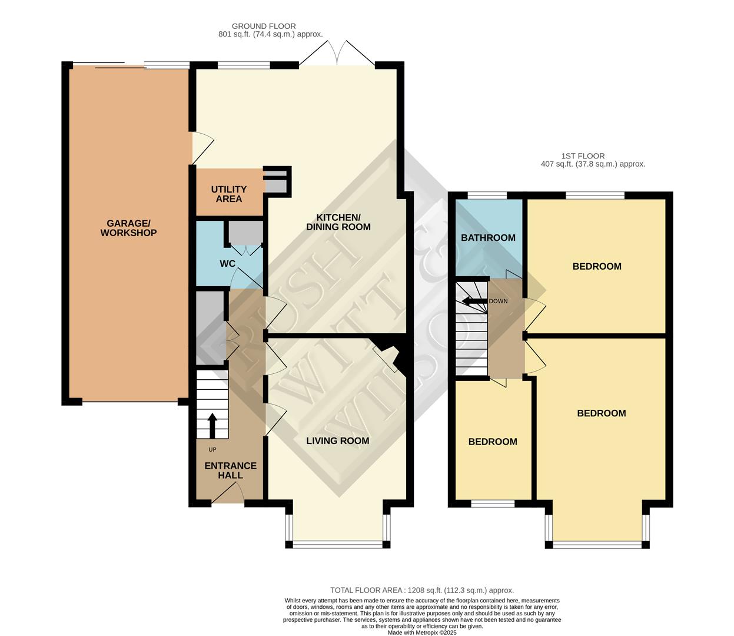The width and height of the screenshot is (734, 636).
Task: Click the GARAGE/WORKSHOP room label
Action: pyautogui.click(x=128, y=228)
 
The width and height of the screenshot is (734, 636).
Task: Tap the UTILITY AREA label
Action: pyautogui.click(x=228, y=194)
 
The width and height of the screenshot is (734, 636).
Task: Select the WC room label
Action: pyautogui.click(x=227, y=263)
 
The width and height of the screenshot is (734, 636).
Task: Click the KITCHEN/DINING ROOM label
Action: pyautogui.click(x=338, y=222)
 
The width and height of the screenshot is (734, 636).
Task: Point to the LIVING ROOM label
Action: pyautogui.click(x=337, y=440)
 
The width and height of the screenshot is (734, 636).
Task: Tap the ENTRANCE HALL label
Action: pyautogui.click(x=230, y=470)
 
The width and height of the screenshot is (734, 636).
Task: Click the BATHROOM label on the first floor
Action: pyautogui.click(x=488, y=238)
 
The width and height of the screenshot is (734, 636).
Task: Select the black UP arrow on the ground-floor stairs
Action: pyautogui.click(x=212, y=425)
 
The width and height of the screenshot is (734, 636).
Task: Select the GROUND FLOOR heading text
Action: pyautogui.click(x=264, y=26)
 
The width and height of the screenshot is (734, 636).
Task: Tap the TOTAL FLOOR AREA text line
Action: pyautogui.click(x=421, y=590)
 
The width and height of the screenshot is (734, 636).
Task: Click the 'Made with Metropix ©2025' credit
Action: pyautogui.click(x=421, y=632)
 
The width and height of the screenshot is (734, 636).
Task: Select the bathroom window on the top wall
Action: pyautogui.click(x=487, y=195)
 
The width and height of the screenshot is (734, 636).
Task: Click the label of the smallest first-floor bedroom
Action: pyautogui.click(x=493, y=442)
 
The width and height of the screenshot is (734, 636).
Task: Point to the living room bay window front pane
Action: pyautogui.click(x=337, y=544)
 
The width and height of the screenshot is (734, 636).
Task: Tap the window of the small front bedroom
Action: pyautogui.click(x=493, y=503)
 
